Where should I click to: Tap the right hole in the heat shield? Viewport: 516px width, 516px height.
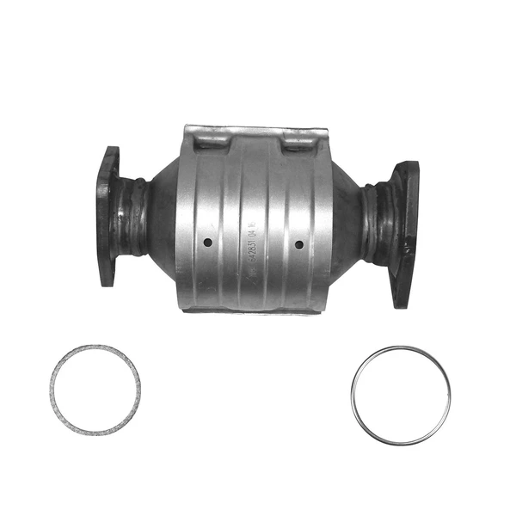298,244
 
